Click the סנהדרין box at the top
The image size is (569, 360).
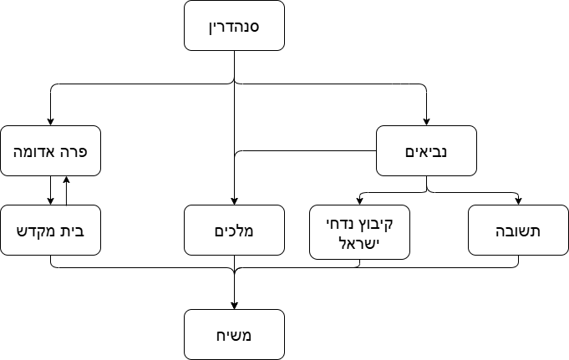click(234, 26)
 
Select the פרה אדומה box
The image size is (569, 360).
click(50, 150)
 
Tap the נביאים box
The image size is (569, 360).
click(426, 150)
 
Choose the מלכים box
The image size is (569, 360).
click(234, 230)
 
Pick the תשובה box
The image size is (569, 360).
click(518, 230)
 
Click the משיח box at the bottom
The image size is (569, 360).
click(234, 334)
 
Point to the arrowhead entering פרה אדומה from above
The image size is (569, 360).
click(50, 121)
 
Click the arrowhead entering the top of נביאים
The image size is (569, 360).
click(426, 121)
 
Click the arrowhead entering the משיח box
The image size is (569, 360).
click(234, 305)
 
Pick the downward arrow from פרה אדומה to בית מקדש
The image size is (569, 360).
click(50, 190)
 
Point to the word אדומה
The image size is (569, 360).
click(38, 151)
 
